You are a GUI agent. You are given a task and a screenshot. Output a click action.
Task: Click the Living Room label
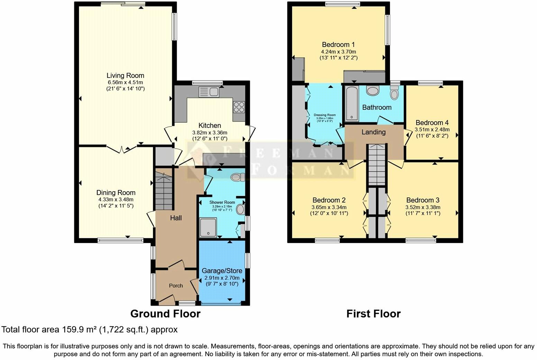(x=125, y=75)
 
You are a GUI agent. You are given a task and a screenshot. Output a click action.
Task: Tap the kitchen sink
(x=209, y=92)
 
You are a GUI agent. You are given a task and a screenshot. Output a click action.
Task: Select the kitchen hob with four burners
(x=239, y=107)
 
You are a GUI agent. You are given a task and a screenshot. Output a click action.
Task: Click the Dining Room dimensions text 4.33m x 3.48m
(x=116, y=199)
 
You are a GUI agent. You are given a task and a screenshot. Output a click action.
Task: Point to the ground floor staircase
(x=163, y=192)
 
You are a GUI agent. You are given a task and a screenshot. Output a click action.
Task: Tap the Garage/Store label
(x=222, y=270)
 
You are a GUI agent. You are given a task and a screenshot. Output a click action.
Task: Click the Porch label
(x=176, y=286)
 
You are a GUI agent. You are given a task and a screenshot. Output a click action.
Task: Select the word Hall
(x=175, y=218)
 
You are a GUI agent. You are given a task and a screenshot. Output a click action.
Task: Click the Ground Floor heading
(x=165, y=314)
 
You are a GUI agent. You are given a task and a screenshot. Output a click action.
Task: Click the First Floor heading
(x=373, y=314)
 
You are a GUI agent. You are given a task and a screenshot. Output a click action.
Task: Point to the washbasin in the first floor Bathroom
(x=373, y=91)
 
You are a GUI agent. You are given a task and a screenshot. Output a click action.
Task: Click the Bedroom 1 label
(x=338, y=45)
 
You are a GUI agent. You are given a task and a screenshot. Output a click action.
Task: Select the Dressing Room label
(x=325, y=115)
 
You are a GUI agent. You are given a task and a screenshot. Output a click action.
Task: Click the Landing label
(x=373, y=132)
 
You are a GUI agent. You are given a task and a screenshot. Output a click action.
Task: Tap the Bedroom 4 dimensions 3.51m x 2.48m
(x=432, y=129)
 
